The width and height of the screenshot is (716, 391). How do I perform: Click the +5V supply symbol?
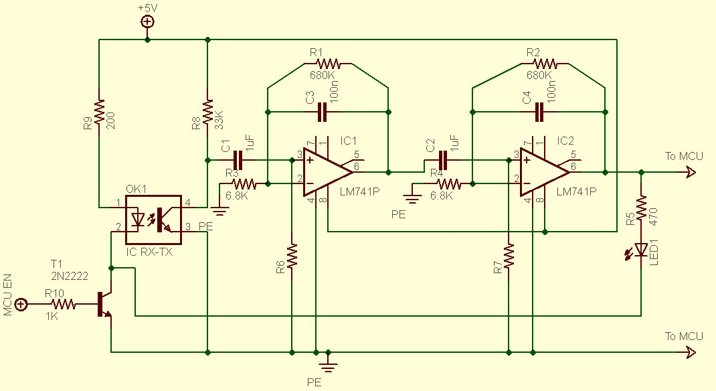(147, 21)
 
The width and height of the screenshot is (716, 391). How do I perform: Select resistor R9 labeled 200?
(99, 112)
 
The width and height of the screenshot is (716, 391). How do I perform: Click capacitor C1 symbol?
(238, 160)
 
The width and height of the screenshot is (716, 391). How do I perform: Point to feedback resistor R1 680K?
(329, 64)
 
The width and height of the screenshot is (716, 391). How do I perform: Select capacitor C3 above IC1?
(322, 112)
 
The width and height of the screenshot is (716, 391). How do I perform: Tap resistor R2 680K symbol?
(545, 64)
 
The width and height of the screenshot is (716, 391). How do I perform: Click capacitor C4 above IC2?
(539, 112)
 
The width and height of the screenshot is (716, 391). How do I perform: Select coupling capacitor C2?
(442, 160)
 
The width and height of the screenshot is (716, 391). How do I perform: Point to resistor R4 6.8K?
(448, 183)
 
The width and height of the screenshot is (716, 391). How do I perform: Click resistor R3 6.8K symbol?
(244, 183)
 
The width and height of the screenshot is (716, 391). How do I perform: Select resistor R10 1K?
(64, 305)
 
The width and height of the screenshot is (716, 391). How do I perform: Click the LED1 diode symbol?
(641, 250)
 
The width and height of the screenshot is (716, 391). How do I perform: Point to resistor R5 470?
(641, 208)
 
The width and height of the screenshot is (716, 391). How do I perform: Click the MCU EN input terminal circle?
(21, 305)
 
